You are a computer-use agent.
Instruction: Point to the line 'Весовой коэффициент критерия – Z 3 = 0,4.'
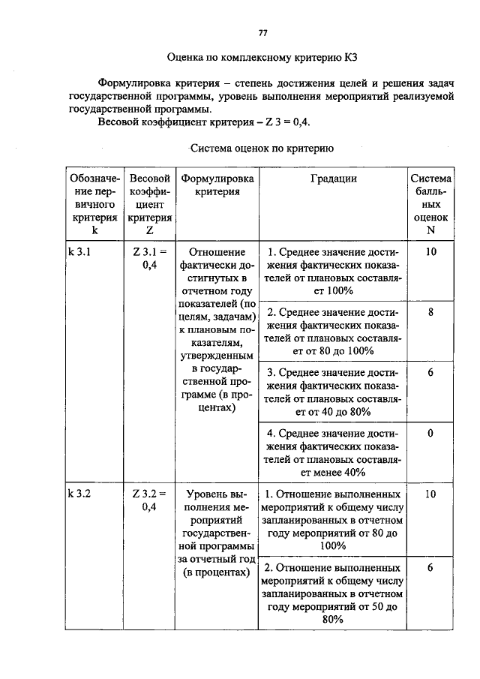204,122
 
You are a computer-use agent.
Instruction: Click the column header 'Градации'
333,179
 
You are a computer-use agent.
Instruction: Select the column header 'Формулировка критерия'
217,185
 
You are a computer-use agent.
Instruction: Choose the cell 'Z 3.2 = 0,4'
149,501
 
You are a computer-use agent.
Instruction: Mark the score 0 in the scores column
430,434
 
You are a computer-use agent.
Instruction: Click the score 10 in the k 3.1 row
430,253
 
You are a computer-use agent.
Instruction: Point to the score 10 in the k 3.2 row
430,494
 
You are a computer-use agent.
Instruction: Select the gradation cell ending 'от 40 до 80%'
333,392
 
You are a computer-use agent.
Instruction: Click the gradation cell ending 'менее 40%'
333,452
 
